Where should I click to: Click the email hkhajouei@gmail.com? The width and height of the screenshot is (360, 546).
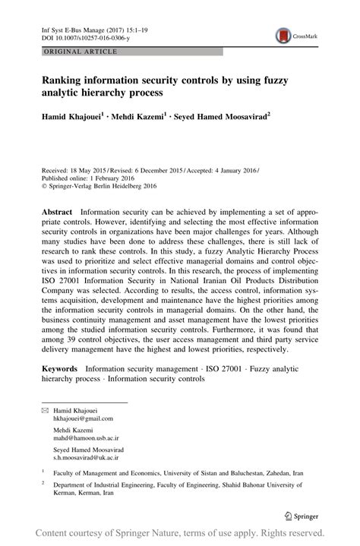pyautogui.click(x=83, y=418)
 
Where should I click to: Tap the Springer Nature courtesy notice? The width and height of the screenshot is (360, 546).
pyautogui.click(x=179, y=533)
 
